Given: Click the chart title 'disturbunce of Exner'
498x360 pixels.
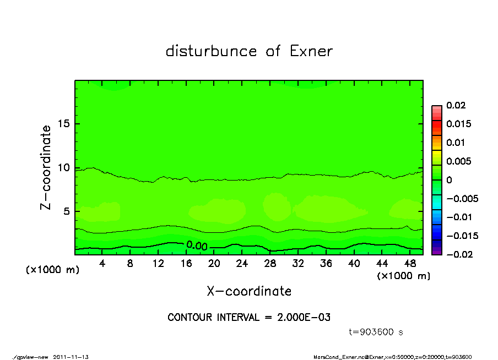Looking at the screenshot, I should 249,51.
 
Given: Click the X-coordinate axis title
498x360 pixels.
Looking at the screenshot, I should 249,291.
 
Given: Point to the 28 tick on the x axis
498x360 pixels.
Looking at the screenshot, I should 270,264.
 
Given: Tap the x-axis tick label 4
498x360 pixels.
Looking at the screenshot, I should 102,264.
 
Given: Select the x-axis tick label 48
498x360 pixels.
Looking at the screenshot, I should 410,264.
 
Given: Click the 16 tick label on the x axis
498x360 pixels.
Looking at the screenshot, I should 186,264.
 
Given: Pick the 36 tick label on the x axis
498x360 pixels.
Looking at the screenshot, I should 326,264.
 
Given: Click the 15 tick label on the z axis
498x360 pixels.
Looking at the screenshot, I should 63,124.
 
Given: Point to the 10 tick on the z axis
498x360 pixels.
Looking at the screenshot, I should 63,168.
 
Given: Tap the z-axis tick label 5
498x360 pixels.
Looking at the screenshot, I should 67,211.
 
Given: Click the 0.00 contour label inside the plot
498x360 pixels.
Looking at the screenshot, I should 197,246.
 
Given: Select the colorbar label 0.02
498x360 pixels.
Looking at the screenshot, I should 455,105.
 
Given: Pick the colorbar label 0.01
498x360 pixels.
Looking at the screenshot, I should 455,143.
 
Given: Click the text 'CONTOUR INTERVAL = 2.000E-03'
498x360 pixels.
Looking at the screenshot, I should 249,317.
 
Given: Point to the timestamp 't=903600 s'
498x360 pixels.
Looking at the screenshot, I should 376,332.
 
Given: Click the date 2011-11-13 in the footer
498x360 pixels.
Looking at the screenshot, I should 71,357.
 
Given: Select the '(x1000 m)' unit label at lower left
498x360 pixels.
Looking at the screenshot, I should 50,270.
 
